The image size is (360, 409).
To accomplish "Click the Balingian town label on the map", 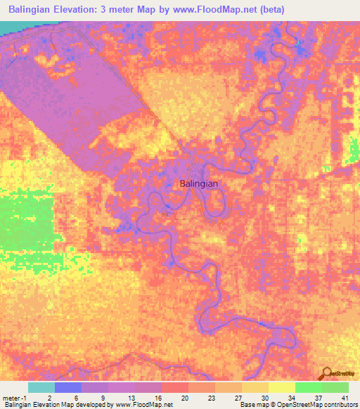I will coord(199,183).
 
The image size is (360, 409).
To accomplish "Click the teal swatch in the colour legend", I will coord(41,387).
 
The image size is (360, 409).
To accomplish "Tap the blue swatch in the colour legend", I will coord(68,387).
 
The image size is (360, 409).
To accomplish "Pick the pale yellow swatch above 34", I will coord(281,387).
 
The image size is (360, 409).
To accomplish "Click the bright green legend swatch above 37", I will coord(308,387).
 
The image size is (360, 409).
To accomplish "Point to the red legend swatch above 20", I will coord(174,387).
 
